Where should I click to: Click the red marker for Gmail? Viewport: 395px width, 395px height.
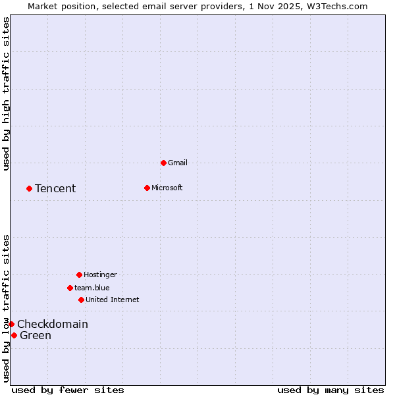pos(163,163)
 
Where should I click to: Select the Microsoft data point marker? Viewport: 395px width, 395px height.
pos(147,188)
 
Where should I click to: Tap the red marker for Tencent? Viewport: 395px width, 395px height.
pos(29,188)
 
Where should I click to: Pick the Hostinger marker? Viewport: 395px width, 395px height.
pos(79,275)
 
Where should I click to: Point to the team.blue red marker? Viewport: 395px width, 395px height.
pos(70,288)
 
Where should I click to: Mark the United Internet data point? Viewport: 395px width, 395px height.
pos(81,300)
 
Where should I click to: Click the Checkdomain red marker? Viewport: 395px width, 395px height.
pos(11,324)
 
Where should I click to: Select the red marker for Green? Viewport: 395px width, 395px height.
pos(14,335)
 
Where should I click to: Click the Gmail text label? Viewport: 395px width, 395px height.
pos(178,163)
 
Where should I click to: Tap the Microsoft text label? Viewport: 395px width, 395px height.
pos(167,188)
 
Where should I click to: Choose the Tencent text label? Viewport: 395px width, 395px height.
pos(55,188)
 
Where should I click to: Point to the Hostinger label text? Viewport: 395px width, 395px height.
pos(100,275)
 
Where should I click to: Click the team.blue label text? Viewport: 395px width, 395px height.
pos(92,288)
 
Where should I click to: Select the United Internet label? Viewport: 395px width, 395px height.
pos(113,300)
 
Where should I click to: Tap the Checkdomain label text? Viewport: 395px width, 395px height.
pos(53,324)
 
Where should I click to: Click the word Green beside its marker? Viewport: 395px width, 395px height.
pos(36,335)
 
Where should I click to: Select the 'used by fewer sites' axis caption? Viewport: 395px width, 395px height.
pos(68,390)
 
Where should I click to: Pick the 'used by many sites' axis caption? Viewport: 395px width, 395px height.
pos(330,390)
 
